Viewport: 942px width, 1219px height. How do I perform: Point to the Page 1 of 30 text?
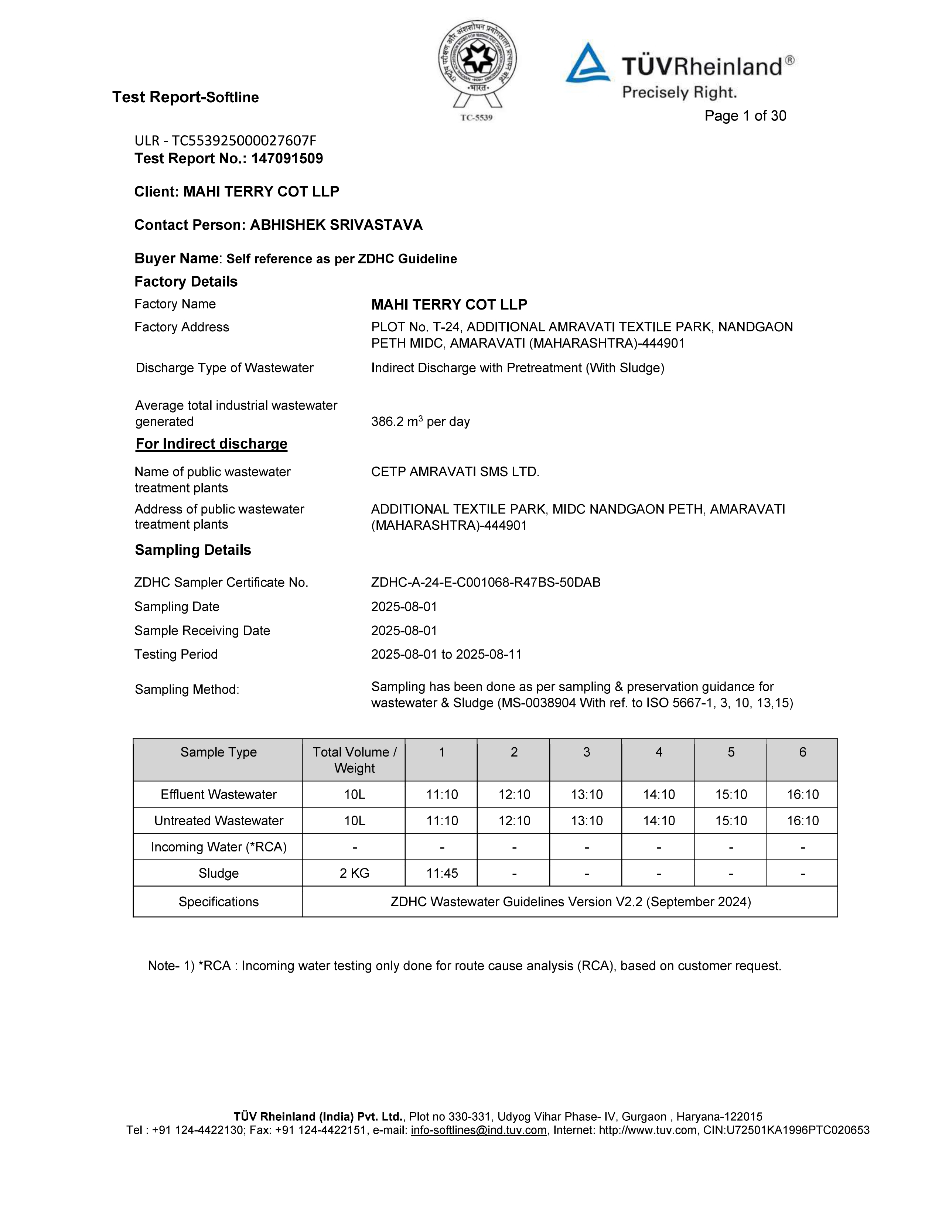coord(745,116)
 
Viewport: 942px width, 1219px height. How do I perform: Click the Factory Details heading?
coord(186,281)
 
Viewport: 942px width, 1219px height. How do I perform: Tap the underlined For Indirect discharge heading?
coord(212,444)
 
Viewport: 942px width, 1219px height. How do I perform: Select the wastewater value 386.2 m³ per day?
coord(420,421)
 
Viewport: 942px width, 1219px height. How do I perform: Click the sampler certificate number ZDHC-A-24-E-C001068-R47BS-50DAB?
coord(485,582)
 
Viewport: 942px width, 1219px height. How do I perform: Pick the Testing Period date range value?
coord(447,654)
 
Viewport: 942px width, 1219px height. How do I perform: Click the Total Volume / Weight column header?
coord(354,759)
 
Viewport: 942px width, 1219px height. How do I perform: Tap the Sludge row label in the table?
coord(218,873)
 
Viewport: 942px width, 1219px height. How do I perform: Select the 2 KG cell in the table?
coord(354,873)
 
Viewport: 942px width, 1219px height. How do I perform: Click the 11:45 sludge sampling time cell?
coord(442,873)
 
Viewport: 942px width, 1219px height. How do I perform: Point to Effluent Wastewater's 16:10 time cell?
coord(802,794)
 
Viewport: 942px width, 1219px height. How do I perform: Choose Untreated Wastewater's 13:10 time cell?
coord(587,820)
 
